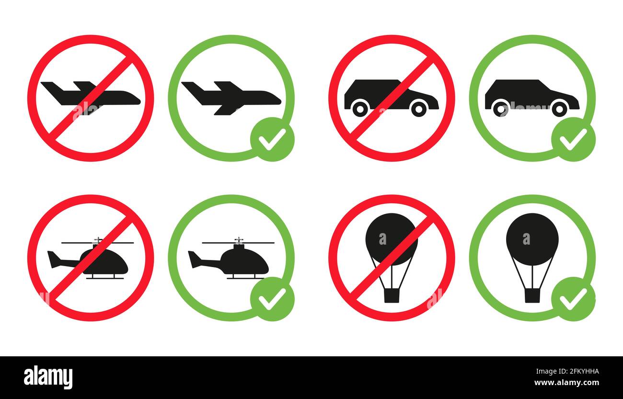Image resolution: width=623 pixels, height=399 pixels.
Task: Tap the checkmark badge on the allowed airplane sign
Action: [272, 139]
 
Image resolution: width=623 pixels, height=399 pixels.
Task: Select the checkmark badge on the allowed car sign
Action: [573, 139]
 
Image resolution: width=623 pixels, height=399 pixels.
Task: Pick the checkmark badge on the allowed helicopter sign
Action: [272, 299]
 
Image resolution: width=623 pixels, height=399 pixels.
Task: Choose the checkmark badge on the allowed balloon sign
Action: [573, 299]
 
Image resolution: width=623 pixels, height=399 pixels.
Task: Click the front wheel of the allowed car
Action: [559, 108]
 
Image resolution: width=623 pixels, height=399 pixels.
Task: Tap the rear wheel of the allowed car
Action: [500, 108]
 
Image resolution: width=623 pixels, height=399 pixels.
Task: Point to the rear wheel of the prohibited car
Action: [359, 108]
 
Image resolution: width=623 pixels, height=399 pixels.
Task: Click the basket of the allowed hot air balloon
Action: [532, 295]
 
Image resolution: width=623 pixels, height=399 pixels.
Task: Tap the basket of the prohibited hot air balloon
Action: [392, 295]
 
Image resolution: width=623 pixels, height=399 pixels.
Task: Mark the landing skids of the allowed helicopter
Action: [247, 277]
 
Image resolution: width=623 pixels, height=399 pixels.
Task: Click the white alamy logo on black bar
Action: [48, 377]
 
